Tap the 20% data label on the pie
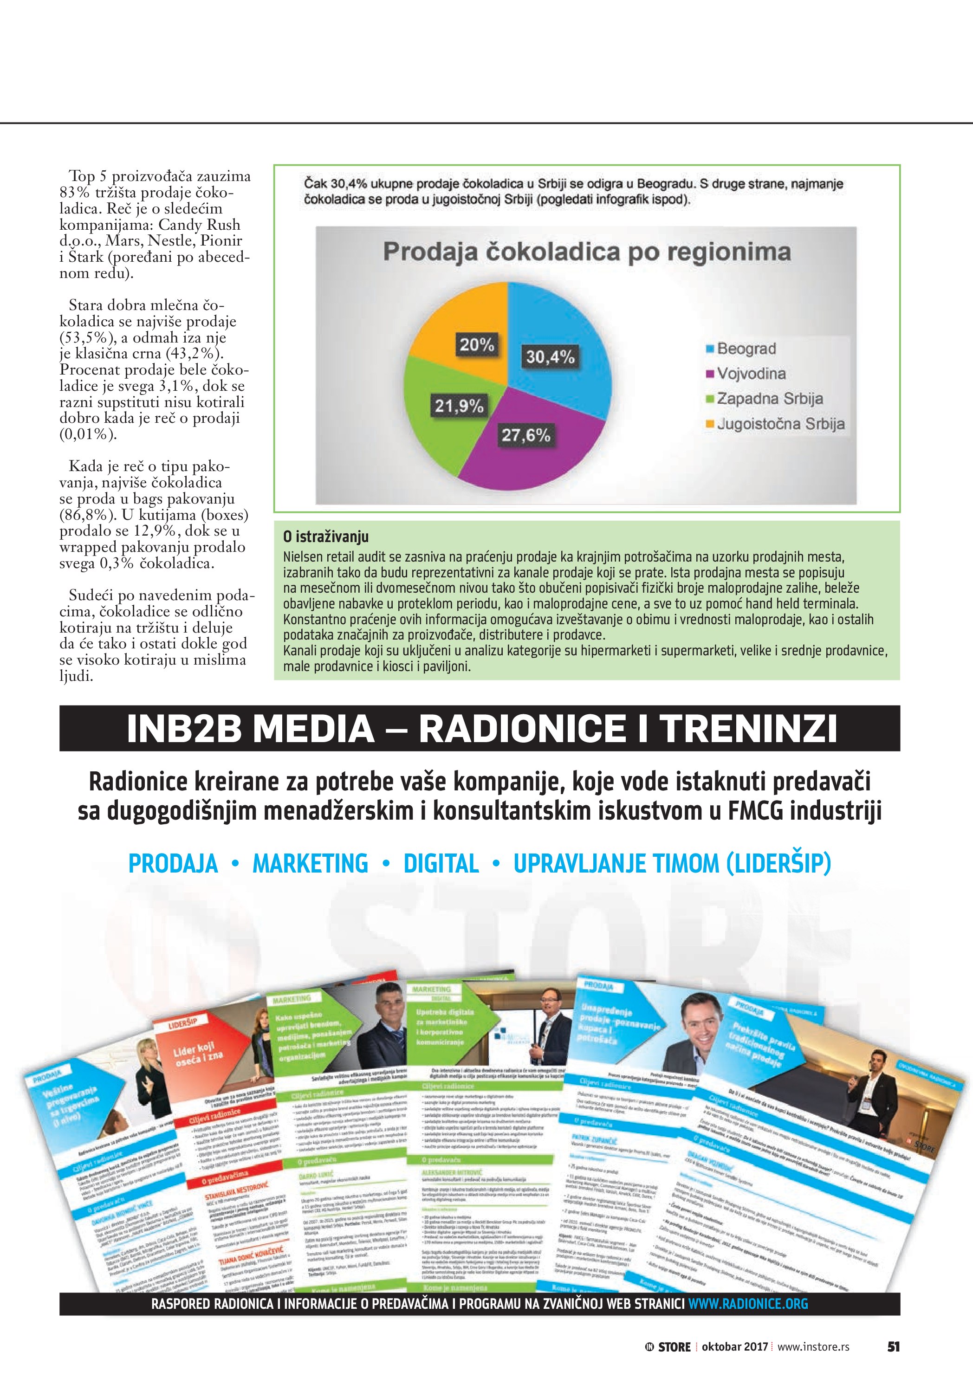[477, 345]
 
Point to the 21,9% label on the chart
[460, 406]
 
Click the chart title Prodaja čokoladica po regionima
[587, 252]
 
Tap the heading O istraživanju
[325, 537]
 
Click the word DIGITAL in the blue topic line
[441, 863]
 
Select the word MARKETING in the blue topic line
[310, 863]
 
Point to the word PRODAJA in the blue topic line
[173, 863]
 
